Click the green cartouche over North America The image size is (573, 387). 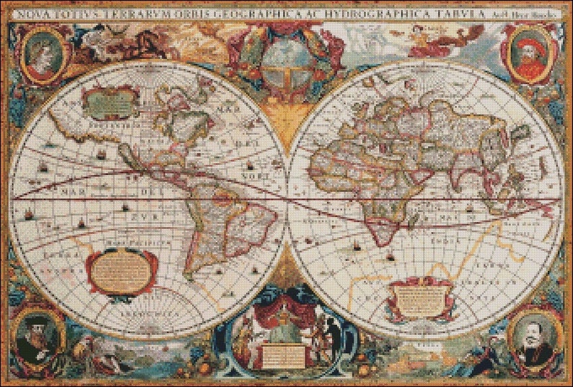pyautogui.click(x=110, y=101)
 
